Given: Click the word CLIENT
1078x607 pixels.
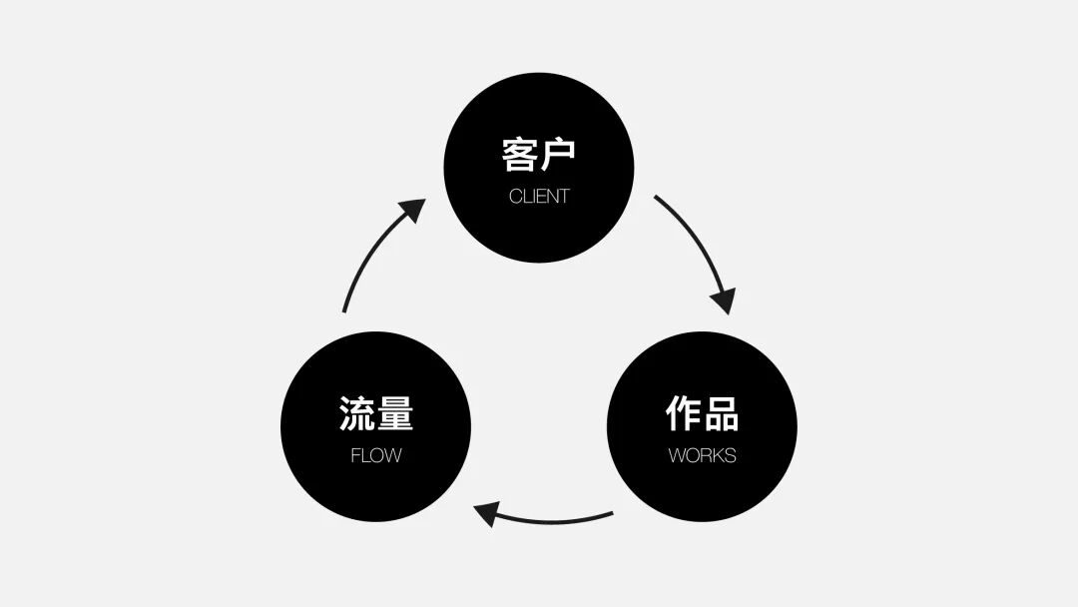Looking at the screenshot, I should click(x=539, y=196).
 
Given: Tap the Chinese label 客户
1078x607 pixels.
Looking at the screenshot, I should click(x=539, y=155).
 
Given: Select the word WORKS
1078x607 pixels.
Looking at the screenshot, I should click(x=702, y=455).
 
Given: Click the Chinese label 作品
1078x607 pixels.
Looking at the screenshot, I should click(x=702, y=413).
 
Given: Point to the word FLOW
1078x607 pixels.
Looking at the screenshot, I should click(x=376, y=455).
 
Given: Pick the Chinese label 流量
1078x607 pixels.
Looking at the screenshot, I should click(x=376, y=413).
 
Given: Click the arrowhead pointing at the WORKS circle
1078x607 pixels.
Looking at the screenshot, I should click(x=724, y=299).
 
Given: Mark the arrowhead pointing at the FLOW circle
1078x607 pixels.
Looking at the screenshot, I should click(x=487, y=514).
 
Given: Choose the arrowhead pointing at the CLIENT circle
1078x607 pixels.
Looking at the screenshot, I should click(x=411, y=211).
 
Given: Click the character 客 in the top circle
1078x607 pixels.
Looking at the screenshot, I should click(x=520, y=155).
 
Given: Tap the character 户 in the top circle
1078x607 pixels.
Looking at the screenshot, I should click(x=558, y=155).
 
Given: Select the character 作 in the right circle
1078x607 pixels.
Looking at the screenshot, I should click(x=683, y=413).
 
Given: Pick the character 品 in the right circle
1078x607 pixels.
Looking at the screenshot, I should click(x=721, y=413).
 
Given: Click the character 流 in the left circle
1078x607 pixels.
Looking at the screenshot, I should click(x=357, y=413).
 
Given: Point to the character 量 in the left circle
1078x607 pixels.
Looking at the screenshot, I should click(x=395, y=413).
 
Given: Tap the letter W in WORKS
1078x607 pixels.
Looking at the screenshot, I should click(x=676, y=455).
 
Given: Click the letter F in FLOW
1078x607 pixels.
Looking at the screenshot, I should click(x=355, y=455).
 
